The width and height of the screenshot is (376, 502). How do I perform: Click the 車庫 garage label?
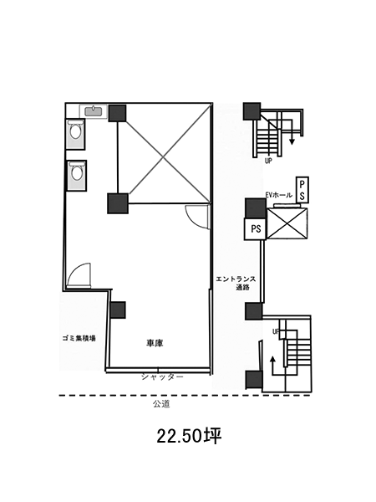click(155, 344)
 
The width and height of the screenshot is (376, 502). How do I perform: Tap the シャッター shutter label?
click(162, 376)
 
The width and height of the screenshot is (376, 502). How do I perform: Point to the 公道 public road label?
click(161, 404)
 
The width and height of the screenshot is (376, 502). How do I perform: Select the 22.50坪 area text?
click(189, 436)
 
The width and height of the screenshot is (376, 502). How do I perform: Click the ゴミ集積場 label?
click(79, 338)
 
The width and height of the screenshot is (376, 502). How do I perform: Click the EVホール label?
click(279, 195)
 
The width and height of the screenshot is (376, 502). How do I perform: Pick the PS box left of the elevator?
click(255, 228)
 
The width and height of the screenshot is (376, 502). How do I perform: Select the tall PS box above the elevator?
click(302, 190)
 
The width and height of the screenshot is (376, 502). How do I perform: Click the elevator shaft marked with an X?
click(287, 223)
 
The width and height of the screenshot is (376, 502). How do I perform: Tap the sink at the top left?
click(93, 111)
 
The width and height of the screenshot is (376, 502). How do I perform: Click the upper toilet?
click(75, 133)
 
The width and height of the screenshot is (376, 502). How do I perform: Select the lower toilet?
click(77, 175)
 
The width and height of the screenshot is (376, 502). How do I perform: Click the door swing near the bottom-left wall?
click(79, 274)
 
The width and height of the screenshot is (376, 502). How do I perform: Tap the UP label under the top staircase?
click(268, 161)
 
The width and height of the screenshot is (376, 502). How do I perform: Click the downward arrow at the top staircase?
click(292, 132)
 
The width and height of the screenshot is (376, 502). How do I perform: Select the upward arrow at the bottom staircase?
click(272, 366)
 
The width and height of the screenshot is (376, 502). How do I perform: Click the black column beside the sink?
click(117, 113)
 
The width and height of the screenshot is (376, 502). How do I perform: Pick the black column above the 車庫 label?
click(117, 310)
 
